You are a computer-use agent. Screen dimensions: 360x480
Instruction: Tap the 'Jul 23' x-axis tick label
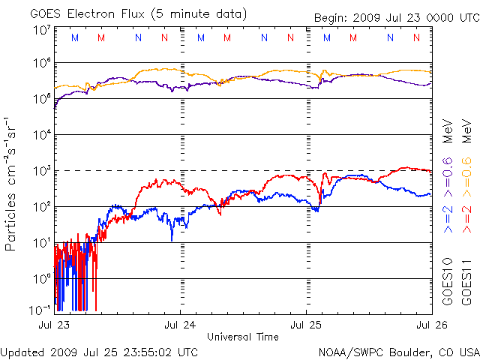click(54, 325)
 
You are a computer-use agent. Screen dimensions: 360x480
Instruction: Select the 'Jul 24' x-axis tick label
click(181, 325)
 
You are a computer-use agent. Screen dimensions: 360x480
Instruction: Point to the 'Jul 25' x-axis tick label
click(307, 325)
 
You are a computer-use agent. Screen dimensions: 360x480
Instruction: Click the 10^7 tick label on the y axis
click(42, 29)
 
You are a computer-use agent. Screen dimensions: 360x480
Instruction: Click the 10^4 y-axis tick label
click(42, 134)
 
